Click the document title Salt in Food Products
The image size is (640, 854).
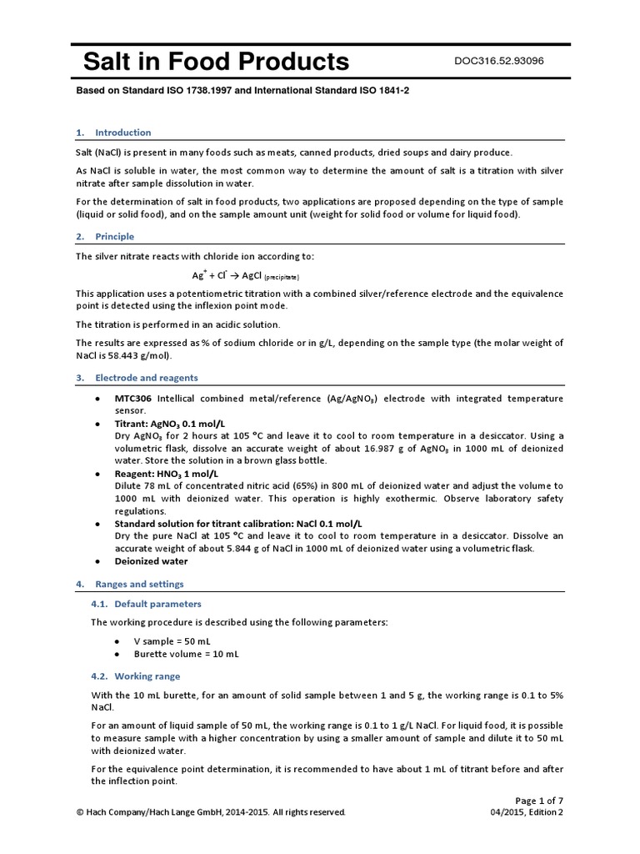coord(216,62)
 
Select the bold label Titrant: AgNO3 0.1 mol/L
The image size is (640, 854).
coord(169,424)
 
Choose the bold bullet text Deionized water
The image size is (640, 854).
coord(151,561)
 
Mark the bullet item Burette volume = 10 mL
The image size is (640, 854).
coord(186,655)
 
